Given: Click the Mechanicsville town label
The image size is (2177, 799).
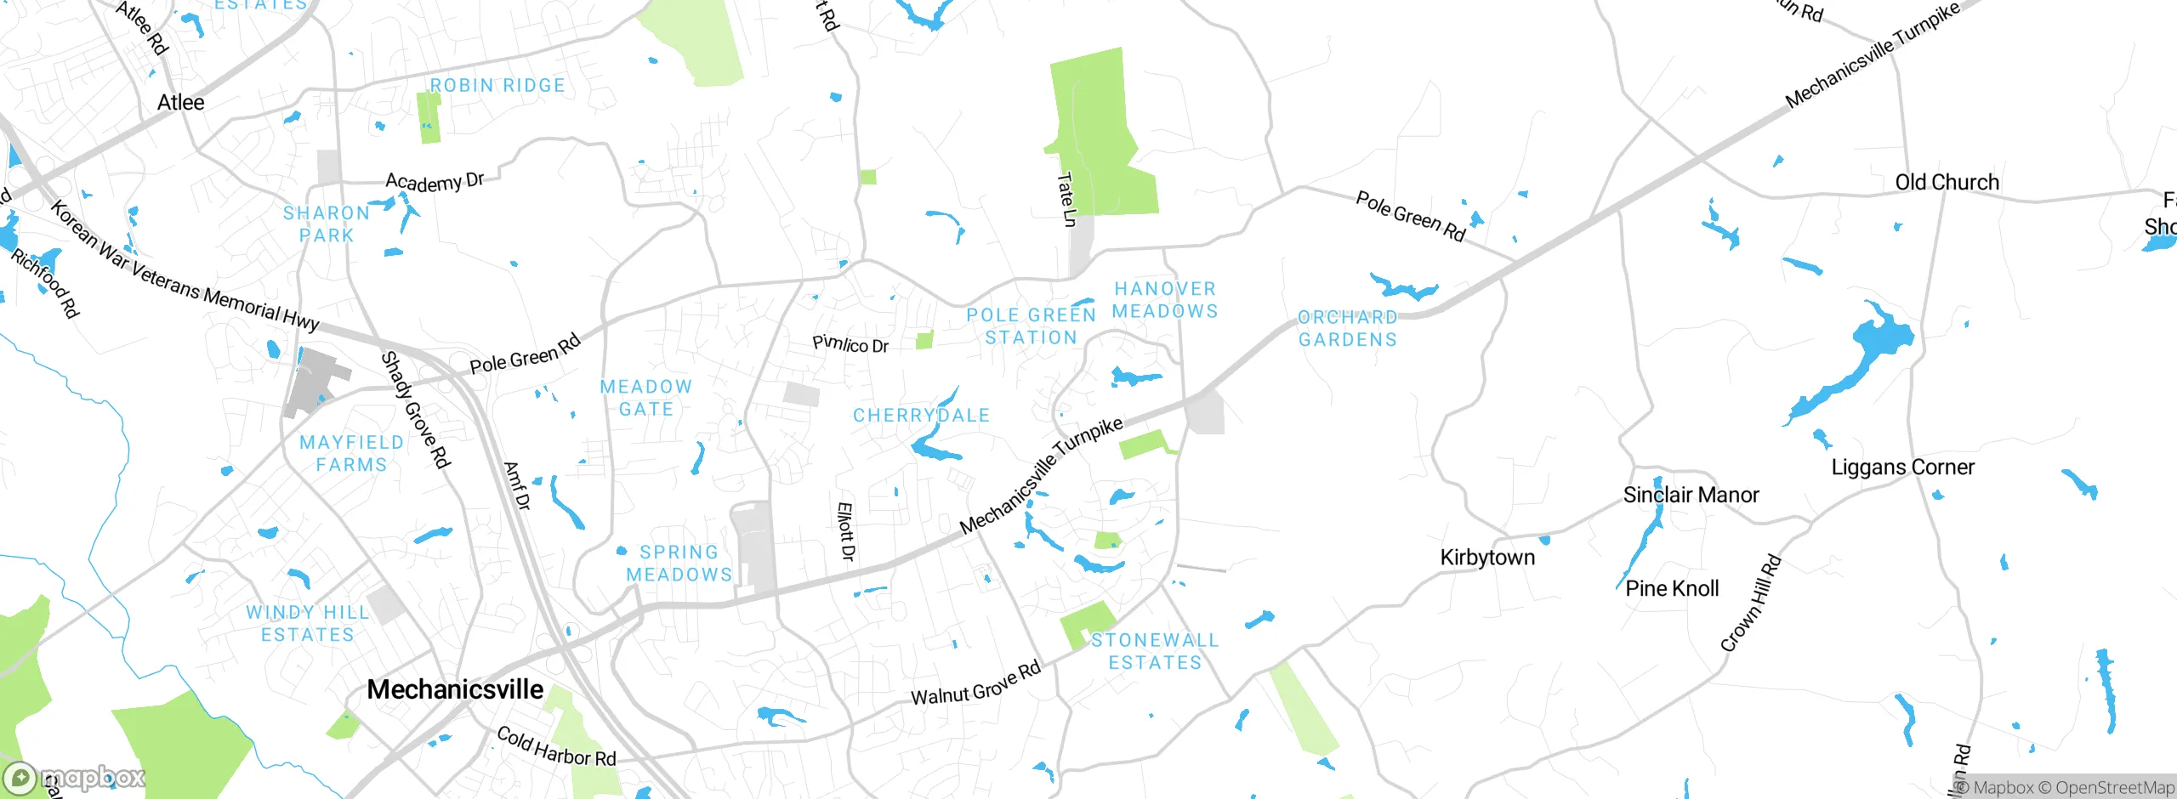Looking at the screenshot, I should point(455,688).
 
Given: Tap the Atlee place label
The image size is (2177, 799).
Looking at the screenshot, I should point(180,102).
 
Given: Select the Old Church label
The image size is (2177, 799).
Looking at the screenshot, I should point(1947,182).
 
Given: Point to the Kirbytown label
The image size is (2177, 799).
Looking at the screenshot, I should point(1487,557).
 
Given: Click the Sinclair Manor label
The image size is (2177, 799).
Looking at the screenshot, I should point(1691,495).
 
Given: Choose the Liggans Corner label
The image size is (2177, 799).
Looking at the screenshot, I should point(1902,467).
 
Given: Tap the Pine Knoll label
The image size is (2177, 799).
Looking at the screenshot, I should point(1672,588).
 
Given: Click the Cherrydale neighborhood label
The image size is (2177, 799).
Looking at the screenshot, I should point(921,416).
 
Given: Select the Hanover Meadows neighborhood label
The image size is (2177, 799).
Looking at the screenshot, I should point(1165,300).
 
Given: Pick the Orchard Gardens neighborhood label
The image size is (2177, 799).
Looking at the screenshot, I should point(1348,328).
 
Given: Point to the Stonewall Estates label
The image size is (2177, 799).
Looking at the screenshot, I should point(1155,651).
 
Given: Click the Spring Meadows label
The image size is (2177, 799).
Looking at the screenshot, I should point(679,564).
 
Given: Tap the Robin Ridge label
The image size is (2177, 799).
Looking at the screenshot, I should point(497,85).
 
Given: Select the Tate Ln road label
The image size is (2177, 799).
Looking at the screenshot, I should point(1066,199).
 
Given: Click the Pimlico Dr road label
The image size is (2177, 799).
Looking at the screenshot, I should point(850,344).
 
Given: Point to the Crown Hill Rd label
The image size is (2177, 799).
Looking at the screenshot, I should point(1750,603).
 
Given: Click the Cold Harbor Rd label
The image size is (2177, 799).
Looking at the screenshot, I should point(556,746).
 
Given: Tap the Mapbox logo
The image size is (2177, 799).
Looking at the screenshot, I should point(75,777).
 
